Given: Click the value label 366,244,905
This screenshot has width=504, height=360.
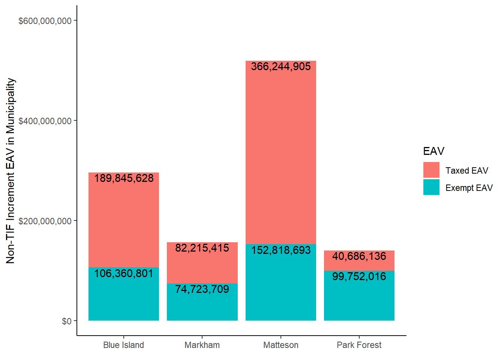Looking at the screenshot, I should coord(281,66).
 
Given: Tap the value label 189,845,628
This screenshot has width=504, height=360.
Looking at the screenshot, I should coord(124,178).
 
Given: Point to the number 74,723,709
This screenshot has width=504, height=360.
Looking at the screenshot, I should coord(202,289).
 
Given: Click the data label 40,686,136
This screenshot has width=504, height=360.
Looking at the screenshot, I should coord(359,256).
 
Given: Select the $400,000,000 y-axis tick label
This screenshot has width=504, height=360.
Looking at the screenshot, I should coord(45,121).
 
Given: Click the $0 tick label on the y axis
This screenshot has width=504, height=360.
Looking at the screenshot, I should coord(67,321).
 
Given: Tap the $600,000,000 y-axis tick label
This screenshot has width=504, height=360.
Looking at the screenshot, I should coord(45,21).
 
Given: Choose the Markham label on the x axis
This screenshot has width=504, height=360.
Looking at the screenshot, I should coord(202,345).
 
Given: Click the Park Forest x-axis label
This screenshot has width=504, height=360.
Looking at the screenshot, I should coord(359,345).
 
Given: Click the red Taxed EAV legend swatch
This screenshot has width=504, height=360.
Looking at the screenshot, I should coord(431,170).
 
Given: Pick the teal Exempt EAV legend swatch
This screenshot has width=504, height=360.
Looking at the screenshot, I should coord(431,187).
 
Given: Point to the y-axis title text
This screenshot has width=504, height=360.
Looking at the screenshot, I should coord(10,171).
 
